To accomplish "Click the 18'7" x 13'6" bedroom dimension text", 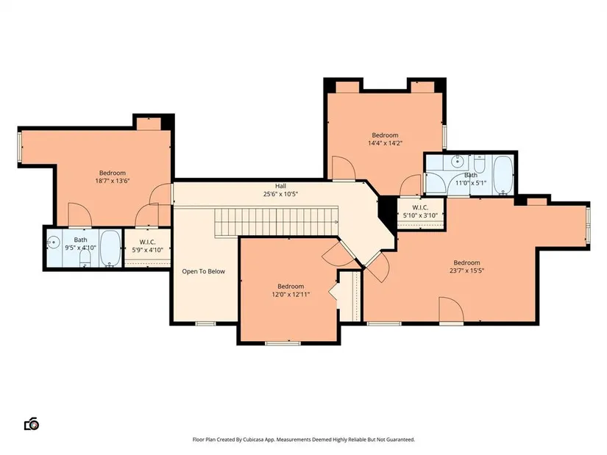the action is click(x=113, y=181).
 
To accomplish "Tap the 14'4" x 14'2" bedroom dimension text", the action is click(x=386, y=143).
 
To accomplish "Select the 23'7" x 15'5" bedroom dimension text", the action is click(x=467, y=271).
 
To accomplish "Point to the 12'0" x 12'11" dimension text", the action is click(x=291, y=295).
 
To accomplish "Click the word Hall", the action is click(x=280, y=186).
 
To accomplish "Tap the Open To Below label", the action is click(x=204, y=271).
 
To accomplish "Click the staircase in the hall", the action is click(x=277, y=221).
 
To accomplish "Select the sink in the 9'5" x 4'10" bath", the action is click(x=52, y=243).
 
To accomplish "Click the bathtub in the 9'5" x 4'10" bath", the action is click(x=110, y=248).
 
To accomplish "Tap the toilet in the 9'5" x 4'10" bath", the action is click(x=85, y=258).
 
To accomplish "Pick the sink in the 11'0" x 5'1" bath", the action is click(x=457, y=161).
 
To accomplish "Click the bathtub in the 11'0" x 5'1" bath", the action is click(x=503, y=175).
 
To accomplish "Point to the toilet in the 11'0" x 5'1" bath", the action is click(x=479, y=164).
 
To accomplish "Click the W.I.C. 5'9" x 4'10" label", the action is click(x=147, y=246).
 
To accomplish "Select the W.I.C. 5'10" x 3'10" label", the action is click(x=420, y=211).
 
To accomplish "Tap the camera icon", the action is click(x=32, y=424).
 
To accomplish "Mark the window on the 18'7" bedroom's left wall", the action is click(x=20, y=147).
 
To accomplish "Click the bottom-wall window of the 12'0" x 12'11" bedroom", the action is click(x=283, y=343).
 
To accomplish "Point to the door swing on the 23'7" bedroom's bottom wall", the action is click(x=451, y=309).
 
